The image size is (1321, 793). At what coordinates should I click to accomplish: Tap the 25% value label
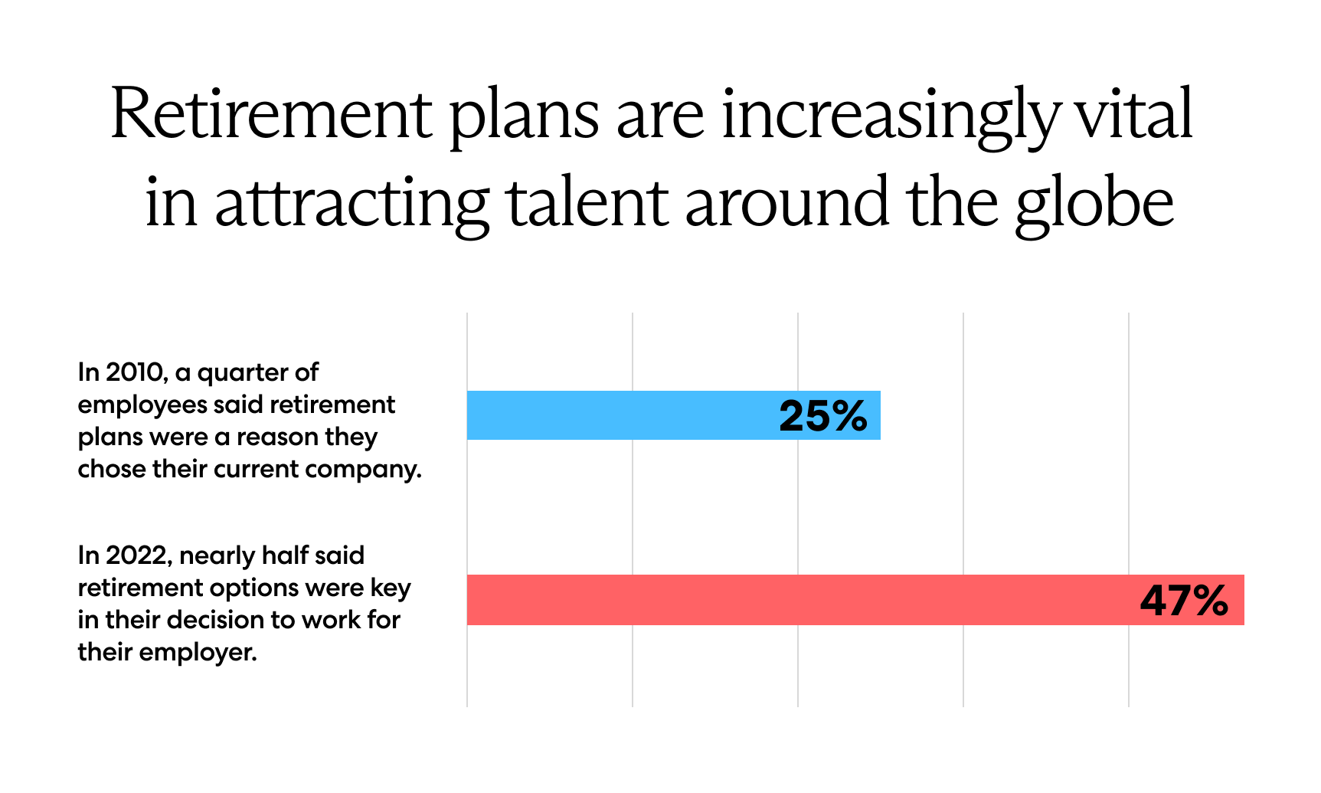pyautogui.click(x=823, y=416)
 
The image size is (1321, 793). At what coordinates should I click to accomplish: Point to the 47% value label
pyautogui.click(x=1184, y=601)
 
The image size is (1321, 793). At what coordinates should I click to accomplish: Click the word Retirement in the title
pyautogui.click(x=271, y=115)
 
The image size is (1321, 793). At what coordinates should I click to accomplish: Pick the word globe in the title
pyautogui.click(x=1094, y=203)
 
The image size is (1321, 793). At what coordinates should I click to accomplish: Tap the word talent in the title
pyautogui.click(x=587, y=203)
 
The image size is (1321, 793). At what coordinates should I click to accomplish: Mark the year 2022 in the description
pyautogui.click(x=136, y=555)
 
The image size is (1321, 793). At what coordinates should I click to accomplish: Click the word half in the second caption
pyautogui.click(x=284, y=555)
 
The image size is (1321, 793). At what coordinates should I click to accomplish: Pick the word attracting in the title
pyautogui.click(x=352, y=203)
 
